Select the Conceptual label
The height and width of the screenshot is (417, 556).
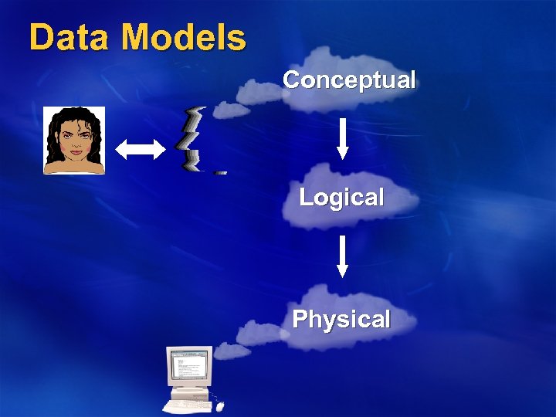(349, 80)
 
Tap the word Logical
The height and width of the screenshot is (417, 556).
(341, 198)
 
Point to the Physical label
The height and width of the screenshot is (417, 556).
(341, 319)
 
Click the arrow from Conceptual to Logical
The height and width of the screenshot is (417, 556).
(343, 138)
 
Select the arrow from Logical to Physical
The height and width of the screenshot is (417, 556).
(343, 256)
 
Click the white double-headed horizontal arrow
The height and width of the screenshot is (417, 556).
(140, 149)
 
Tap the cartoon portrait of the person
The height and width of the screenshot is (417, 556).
(74, 141)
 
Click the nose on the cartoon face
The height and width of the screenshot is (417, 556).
(75, 143)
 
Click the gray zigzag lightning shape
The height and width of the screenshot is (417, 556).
(192, 139)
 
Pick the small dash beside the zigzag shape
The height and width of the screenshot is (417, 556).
(220, 173)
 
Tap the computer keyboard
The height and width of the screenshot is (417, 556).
(188, 405)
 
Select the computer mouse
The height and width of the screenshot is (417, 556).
(221, 405)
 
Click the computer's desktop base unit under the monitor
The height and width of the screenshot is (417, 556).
(188, 391)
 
